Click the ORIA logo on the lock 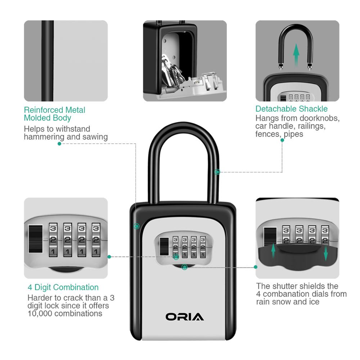(x=185, y=317)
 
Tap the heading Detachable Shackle (x=292, y=109)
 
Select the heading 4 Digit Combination (x=63, y=287)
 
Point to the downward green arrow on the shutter (x=326, y=253)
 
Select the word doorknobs (x=323, y=118)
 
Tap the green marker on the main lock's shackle (x=217, y=172)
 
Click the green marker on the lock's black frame (x=136, y=226)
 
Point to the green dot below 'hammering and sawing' (x=59, y=144)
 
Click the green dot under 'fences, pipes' (x=282, y=140)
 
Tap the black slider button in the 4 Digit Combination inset (x=35, y=239)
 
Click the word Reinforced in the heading (x=44, y=110)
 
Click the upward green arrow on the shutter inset (x=273, y=251)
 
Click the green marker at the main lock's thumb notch (x=185, y=267)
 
